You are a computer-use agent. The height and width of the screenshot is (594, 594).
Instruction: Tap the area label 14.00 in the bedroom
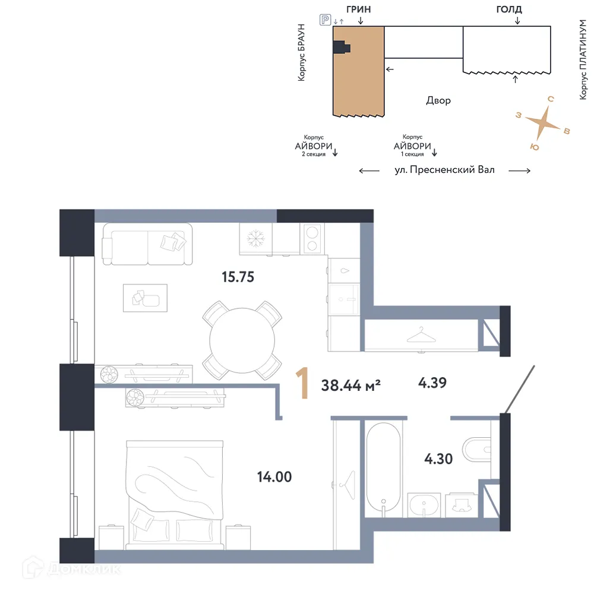coord(274,476)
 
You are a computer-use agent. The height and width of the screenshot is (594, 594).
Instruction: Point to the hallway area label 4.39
coord(432,383)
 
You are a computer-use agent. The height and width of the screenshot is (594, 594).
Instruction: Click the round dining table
coord(242,340)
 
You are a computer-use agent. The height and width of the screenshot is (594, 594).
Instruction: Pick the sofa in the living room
coord(147,244)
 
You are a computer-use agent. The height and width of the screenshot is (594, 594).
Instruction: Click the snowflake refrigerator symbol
coord(256,238)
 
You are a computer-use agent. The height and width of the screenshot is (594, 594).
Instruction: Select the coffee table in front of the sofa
coord(145,297)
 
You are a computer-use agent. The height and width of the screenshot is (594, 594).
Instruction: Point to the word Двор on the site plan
coord(438,100)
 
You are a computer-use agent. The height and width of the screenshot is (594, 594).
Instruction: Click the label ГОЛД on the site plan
coord(508,9)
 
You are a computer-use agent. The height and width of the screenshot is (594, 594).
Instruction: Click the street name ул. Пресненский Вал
coord(444,170)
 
